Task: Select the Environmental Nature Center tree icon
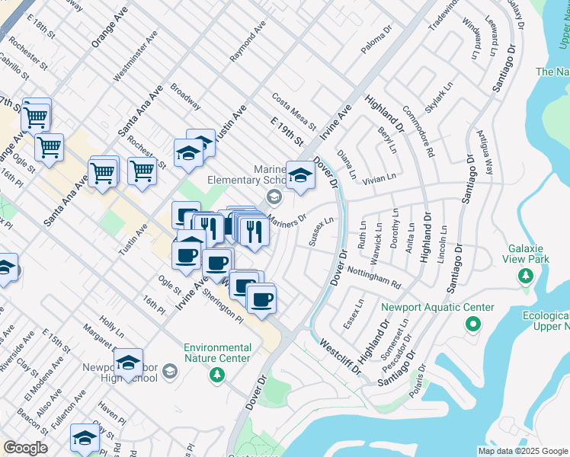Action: click(217, 374)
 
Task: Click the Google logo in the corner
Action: click(25, 448)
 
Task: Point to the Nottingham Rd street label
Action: click(373, 276)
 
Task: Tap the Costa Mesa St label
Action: click(293, 110)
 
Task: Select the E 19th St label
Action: click(287, 132)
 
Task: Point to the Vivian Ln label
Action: click(379, 177)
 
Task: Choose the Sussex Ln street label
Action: click(322, 232)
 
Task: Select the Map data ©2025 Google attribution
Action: click(522, 451)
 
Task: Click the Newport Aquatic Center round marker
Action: click(472, 325)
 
